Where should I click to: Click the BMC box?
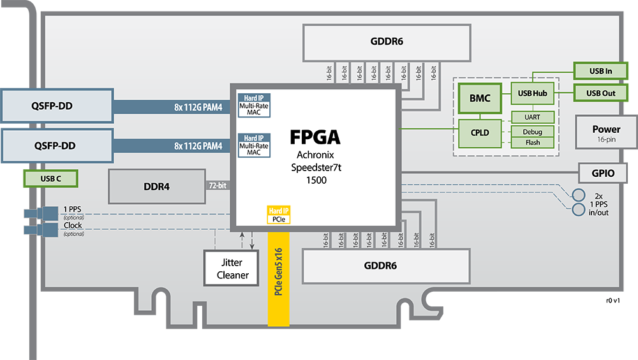coord(480,99)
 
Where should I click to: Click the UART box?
coord(531,117)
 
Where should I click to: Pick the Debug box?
coord(531,131)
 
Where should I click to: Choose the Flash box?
coord(531,142)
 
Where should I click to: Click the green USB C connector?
coord(51,178)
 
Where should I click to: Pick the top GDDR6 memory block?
coord(386,42)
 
